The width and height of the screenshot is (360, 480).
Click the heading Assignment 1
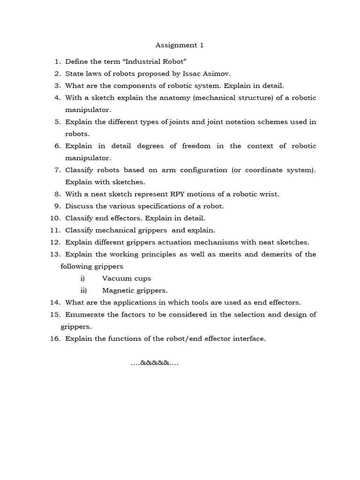click(180, 45)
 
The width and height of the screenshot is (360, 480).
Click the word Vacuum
click(118, 278)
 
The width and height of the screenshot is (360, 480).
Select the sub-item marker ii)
click(83, 291)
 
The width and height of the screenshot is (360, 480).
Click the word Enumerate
click(84, 315)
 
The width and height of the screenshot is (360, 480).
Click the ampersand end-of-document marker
click(154, 363)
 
